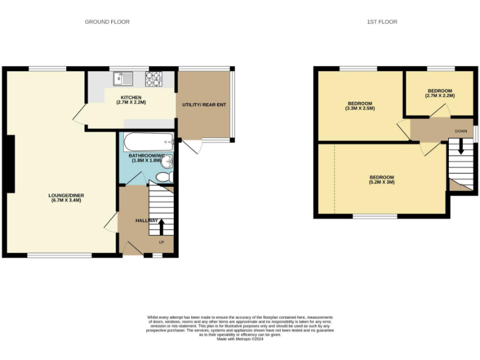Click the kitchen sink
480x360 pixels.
(x=122, y=79)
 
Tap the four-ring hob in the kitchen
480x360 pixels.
(x=154, y=79)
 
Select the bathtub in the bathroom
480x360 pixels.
(x=148, y=141)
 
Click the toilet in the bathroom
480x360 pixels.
(x=164, y=178)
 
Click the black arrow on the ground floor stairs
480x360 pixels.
(x=161, y=226)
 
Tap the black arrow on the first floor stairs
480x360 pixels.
(x=461, y=146)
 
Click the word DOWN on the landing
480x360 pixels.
(x=461, y=131)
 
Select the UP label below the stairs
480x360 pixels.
(x=161, y=242)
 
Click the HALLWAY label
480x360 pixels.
(x=147, y=221)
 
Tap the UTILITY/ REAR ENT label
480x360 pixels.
(x=204, y=104)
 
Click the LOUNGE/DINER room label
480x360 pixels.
(x=66, y=196)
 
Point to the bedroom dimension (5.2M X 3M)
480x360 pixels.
(x=381, y=183)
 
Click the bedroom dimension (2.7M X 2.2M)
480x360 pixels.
(x=439, y=96)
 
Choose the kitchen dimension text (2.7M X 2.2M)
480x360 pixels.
(x=131, y=102)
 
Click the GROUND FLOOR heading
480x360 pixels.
(x=107, y=22)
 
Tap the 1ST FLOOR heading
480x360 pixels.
(x=382, y=22)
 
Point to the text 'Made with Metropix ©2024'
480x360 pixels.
(x=240, y=338)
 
